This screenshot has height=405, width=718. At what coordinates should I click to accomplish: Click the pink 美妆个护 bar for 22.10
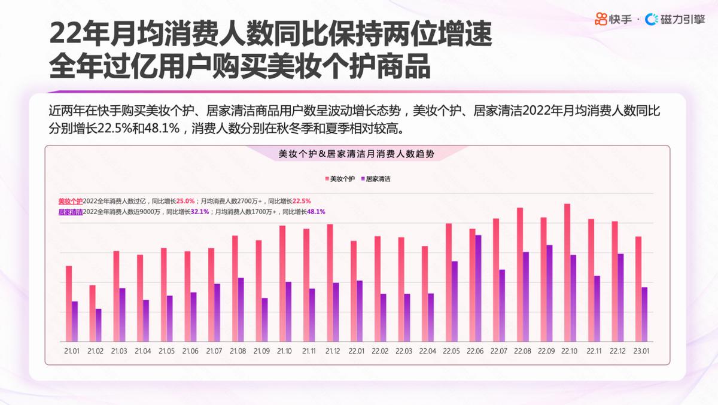tap(567, 272)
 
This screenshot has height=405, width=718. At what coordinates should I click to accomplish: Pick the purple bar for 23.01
tap(644, 314)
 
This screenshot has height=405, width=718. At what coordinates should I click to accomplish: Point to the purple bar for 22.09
tap(549, 293)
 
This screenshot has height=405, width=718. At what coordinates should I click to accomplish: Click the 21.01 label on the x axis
tap(72, 351)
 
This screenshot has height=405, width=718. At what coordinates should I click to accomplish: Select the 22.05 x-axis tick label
tap(452, 351)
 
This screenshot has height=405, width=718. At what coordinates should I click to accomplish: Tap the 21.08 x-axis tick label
tap(238, 351)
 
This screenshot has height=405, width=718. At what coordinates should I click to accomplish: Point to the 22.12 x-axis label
tap(618, 351)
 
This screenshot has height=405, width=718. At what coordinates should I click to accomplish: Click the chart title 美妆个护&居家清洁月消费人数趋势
tap(357, 154)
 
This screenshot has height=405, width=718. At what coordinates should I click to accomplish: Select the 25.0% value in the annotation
tap(185, 201)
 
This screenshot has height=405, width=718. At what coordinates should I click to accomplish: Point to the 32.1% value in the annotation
tap(200, 212)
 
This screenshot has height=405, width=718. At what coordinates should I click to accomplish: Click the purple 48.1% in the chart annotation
tap(316, 212)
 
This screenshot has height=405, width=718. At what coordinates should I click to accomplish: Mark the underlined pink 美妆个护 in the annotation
tap(70, 201)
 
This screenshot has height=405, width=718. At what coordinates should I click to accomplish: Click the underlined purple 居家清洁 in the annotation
tap(70, 212)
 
